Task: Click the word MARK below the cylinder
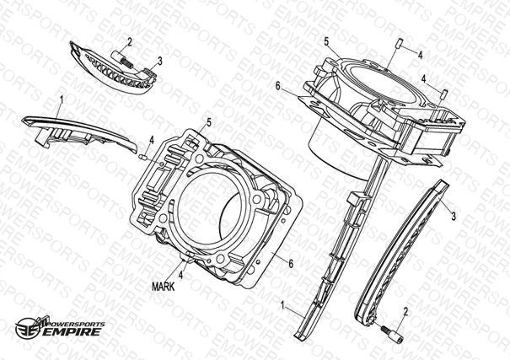[x=164, y=287]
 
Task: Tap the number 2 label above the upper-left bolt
[x=130, y=42]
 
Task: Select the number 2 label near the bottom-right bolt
[x=405, y=312]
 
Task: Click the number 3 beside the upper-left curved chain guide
[x=159, y=61]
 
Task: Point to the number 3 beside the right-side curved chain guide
[x=454, y=216]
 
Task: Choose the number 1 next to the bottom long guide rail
[x=283, y=305]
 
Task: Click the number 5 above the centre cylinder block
[x=209, y=122]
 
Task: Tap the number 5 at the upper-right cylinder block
[x=326, y=41]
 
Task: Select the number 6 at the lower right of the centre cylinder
[x=291, y=264]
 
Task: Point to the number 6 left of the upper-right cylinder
[x=277, y=86]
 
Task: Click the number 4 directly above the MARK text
[x=180, y=275]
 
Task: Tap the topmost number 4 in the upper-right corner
[x=420, y=56]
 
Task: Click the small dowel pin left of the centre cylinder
[x=142, y=158]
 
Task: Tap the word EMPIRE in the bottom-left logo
[x=72, y=331]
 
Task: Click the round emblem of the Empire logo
[x=26, y=327]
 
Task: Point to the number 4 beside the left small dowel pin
[x=152, y=141]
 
